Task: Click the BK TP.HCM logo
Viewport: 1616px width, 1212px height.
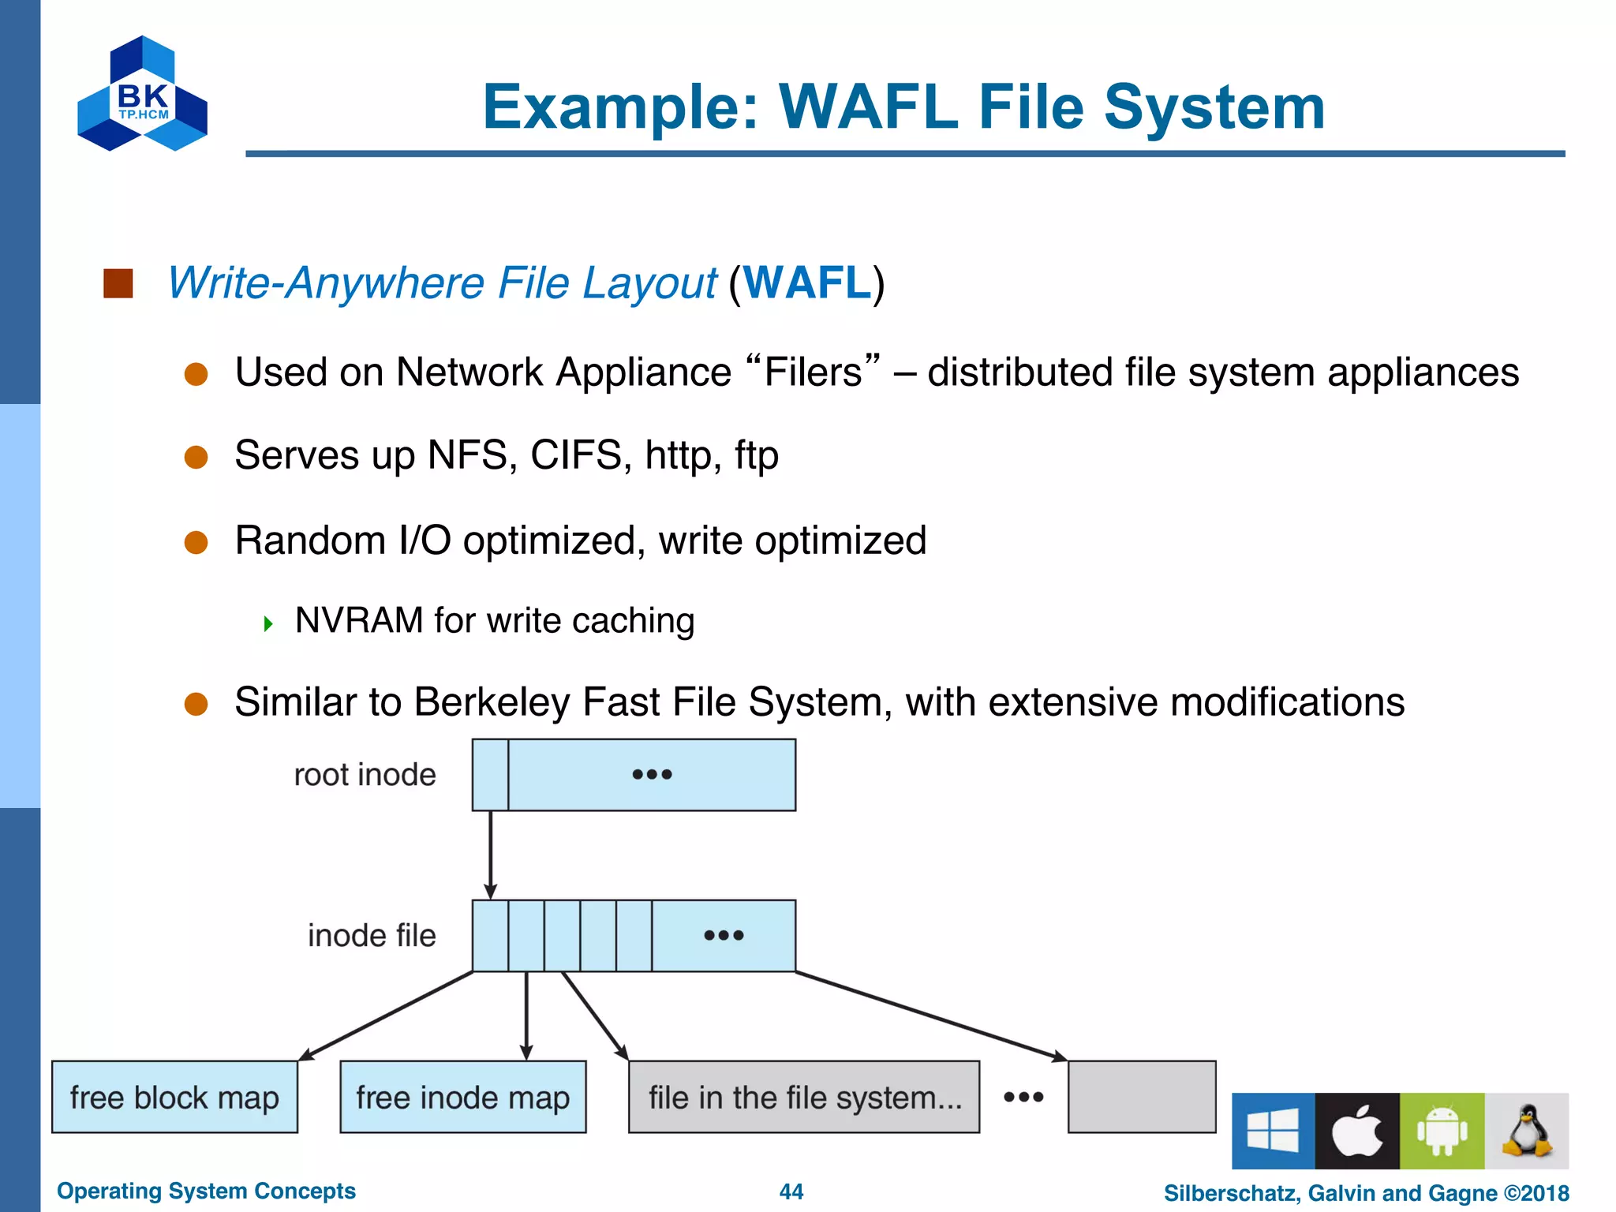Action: [142, 95]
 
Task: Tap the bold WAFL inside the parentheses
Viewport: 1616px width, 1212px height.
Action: [806, 282]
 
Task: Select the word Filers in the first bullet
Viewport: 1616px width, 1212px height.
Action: [813, 372]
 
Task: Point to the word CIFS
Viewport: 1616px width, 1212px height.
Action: [575, 455]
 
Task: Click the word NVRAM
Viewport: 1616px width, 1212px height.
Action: [359, 620]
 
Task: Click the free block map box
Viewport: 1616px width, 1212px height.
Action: [174, 1097]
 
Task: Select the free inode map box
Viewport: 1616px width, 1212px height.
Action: [462, 1097]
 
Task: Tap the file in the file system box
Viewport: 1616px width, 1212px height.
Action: [803, 1097]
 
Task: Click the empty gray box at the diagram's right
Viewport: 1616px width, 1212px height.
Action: [1141, 1097]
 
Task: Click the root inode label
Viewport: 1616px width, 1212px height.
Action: [365, 775]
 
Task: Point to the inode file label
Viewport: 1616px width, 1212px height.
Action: [371, 936]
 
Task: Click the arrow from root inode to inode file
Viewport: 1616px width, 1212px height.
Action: [490, 855]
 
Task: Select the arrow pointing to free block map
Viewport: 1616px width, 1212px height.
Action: [387, 1016]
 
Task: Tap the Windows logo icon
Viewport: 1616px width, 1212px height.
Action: [1273, 1131]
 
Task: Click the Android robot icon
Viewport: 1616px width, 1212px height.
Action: [1442, 1131]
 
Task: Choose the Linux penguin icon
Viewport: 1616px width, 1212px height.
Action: [1526, 1131]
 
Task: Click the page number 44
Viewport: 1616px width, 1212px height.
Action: [791, 1191]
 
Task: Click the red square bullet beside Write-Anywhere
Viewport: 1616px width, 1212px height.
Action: [118, 283]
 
